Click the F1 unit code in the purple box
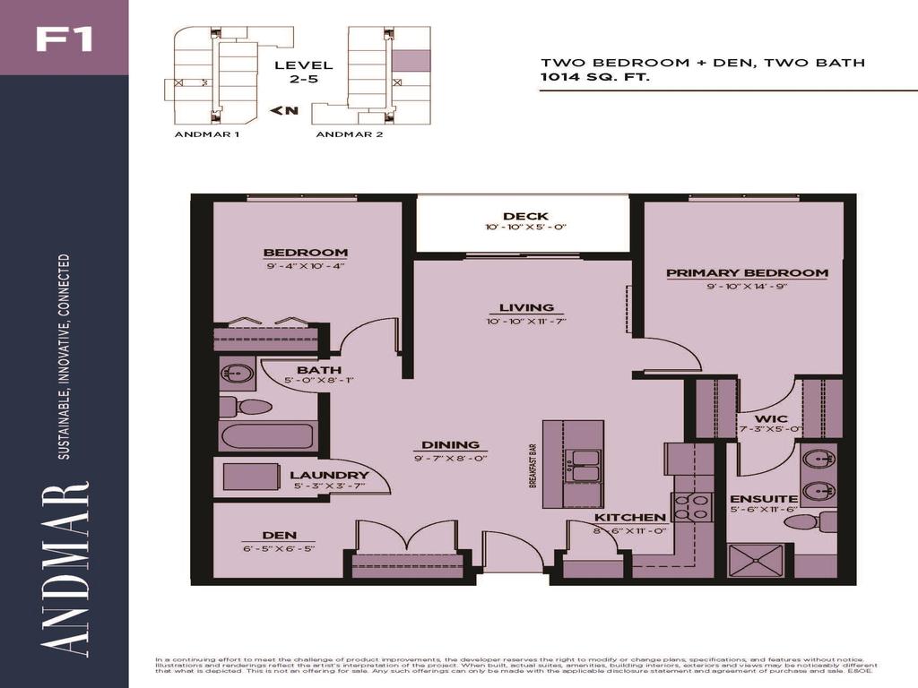pyautogui.click(x=64, y=39)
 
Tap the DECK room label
pyautogui.click(x=525, y=216)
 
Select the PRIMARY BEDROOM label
pyautogui.click(x=747, y=272)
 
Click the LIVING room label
pyautogui.click(x=526, y=307)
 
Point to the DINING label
pyautogui.click(x=452, y=444)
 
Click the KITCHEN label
pyautogui.click(x=630, y=517)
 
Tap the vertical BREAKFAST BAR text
pyautogui.click(x=532, y=466)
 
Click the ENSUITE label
pyautogui.click(x=751, y=498)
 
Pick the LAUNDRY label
pyautogui.click(x=329, y=475)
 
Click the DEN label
pyautogui.click(x=279, y=536)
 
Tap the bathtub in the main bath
pyautogui.click(x=267, y=437)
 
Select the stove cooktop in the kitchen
pyautogui.click(x=691, y=507)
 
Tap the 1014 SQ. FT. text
pyautogui.click(x=594, y=78)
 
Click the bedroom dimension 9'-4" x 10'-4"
pyautogui.click(x=305, y=266)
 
